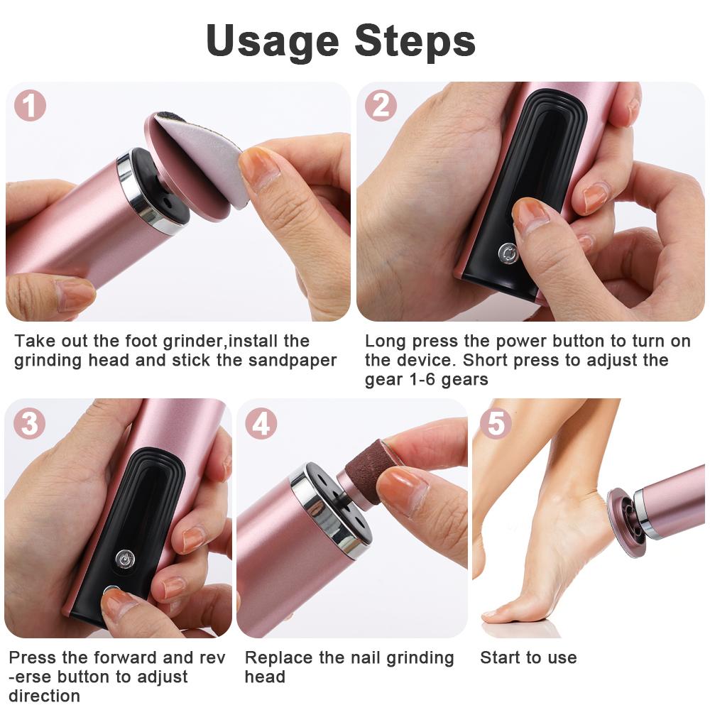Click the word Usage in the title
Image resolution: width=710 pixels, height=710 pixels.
pyautogui.click(x=272, y=41)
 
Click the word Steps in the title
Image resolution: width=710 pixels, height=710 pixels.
pyautogui.click(x=415, y=41)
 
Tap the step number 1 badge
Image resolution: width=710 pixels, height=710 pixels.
pyautogui.click(x=30, y=106)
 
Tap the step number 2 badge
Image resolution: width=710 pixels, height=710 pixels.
pyautogui.click(x=381, y=106)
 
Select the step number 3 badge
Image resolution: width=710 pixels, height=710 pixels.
pyautogui.click(x=30, y=424)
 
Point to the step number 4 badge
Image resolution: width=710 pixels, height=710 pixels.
pyautogui.click(x=261, y=424)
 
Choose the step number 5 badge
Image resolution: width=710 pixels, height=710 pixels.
pyautogui.click(x=496, y=424)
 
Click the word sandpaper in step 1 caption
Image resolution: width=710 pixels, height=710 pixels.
pyautogui.click(x=293, y=360)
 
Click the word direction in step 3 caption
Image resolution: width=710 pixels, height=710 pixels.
pyautogui.click(x=44, y=695)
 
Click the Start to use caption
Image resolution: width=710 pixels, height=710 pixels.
pyautogui.click(x=528, y=657)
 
